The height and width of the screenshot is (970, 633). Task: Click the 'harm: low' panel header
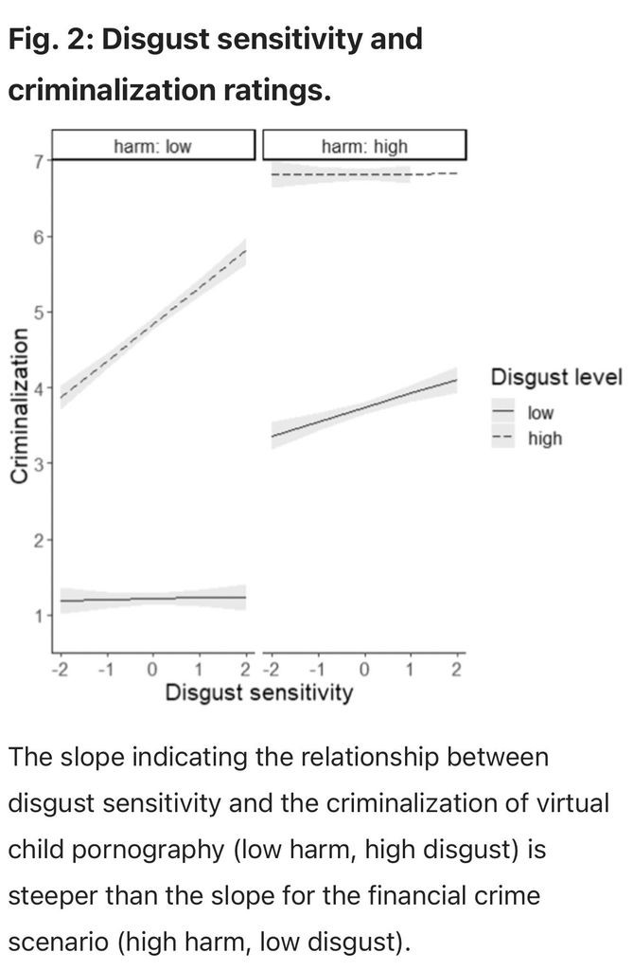coord(152,146)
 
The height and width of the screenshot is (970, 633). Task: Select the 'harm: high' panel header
coord(364,146)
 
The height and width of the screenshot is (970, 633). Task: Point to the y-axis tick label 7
coord(39,162)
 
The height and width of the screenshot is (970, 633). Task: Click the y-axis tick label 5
coord(39,312)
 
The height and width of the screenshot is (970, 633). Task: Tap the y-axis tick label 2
coord(39,541)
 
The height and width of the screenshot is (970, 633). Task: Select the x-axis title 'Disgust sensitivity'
coord(258,693)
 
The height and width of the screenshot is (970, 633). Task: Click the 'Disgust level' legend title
coord(555,378)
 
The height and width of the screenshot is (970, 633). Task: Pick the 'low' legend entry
coord(541,413)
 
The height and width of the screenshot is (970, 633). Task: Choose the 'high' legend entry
coord(544,439)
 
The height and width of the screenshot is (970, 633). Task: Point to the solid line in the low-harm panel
coord(151,599)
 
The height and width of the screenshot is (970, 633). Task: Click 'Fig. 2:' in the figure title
coord(52,40)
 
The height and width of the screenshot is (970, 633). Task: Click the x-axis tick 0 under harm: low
coord(151,672)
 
